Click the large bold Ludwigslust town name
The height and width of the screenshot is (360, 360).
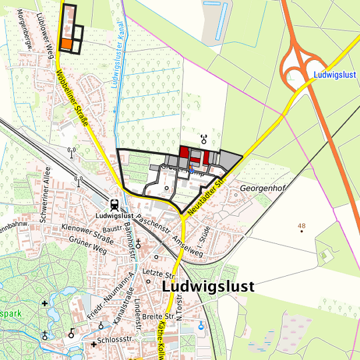[x=207, y=286]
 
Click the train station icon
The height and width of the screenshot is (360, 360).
[x=114, y=205]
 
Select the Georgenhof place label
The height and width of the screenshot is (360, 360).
[x=263, y=189]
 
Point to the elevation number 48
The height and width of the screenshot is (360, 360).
[x=301, y=227]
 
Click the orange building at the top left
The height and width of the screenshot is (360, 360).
[x=67, y=44]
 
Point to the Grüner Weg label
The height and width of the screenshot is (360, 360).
[x=87, y=247]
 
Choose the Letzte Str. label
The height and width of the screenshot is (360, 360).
[x=157, y=273]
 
